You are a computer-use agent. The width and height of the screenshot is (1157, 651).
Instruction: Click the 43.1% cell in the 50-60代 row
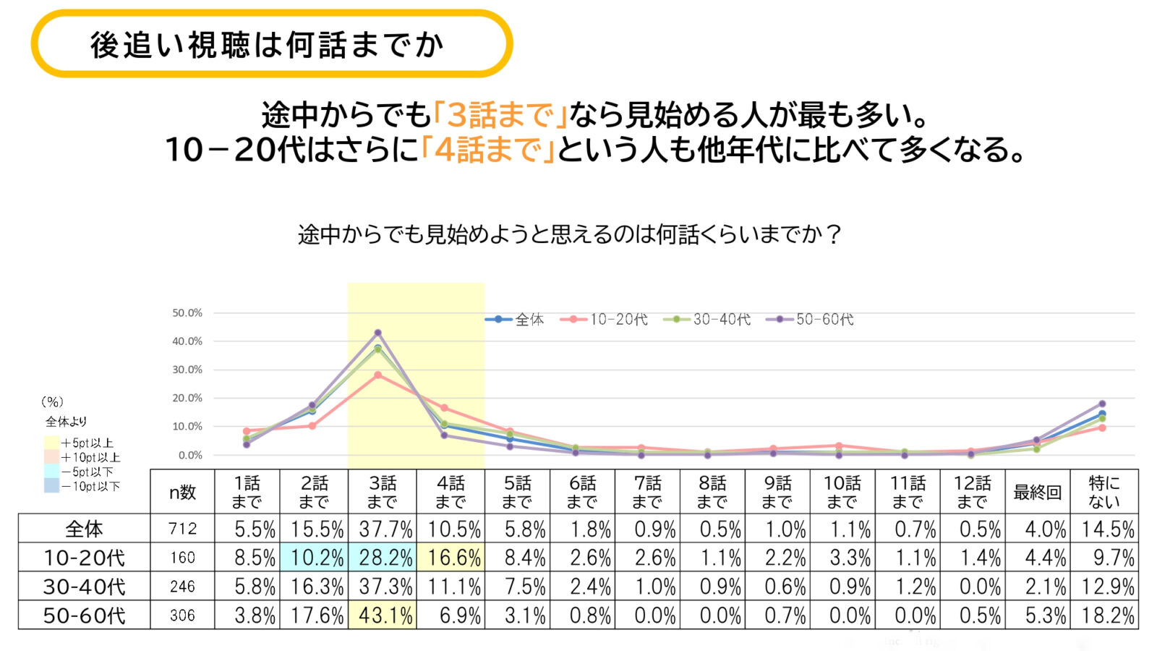[383, 616]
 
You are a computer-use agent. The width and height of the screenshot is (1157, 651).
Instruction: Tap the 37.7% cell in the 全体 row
[383, 529]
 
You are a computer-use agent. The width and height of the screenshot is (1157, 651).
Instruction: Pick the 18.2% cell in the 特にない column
[1107, 616]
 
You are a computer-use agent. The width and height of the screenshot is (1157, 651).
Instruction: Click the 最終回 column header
[1037, 493]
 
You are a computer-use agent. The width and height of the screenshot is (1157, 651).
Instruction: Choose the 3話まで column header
[383, 493]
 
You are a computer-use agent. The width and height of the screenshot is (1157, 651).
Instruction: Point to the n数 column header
[182, 493]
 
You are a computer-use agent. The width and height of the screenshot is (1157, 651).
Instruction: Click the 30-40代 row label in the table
[84, 587]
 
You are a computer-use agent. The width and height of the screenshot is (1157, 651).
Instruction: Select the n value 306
[182, 616]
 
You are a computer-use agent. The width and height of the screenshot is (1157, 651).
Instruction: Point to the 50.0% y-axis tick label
[187, 313]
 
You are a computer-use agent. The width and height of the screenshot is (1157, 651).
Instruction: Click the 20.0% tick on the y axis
[187, 398]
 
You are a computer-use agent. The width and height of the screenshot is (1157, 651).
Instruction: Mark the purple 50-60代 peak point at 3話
[377, 333]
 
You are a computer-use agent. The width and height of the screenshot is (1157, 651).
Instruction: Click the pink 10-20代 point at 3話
[377, 375]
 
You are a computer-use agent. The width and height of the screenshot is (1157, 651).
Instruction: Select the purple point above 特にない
[1102, 404]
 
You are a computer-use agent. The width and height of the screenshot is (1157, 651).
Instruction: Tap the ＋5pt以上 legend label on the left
[87, 443]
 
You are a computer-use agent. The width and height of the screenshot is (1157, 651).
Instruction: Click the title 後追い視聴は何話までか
[268, 45]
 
